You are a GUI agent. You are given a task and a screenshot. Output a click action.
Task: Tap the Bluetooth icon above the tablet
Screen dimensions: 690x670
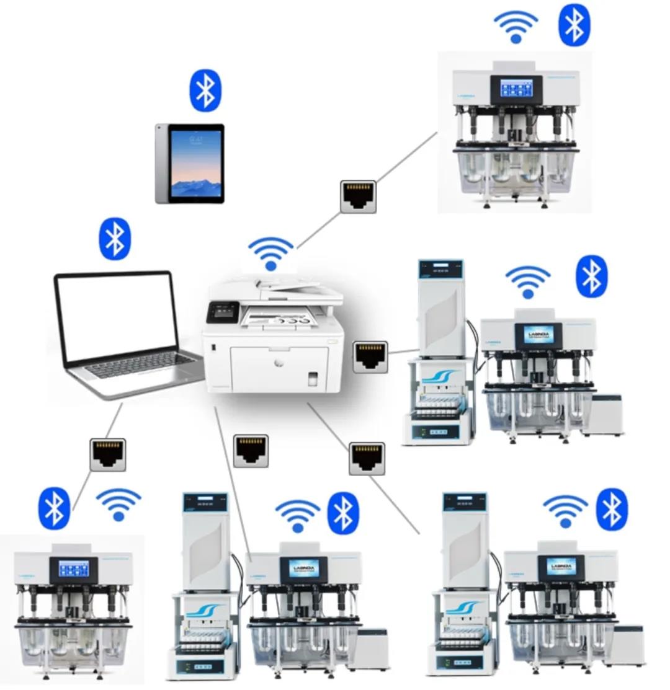[x=205, y=91]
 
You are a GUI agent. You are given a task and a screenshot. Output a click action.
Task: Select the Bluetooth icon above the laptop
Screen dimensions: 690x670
[x=115, y=239]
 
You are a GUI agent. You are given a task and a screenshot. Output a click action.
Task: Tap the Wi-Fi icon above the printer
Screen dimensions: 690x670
[x=270, y=254]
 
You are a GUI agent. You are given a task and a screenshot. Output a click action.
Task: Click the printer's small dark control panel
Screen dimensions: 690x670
[x=221, y=312]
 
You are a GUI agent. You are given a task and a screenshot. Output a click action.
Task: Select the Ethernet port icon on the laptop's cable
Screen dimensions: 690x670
[x=108, y=454]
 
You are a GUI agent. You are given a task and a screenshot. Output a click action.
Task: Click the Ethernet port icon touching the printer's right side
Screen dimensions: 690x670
[x=370, y=357]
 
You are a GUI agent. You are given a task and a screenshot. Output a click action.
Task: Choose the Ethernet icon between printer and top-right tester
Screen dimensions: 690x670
[x=358, y=197]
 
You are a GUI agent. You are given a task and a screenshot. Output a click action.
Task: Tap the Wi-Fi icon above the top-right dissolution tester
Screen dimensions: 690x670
[x=516, y=27]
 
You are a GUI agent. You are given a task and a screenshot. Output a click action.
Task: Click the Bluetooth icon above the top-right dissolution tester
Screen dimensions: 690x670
[x=574, y=25]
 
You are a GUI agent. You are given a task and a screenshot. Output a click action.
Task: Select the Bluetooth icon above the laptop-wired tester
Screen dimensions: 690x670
[x=55, y=508]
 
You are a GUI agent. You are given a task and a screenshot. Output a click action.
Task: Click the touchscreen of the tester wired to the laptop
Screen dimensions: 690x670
[x=73, y=568]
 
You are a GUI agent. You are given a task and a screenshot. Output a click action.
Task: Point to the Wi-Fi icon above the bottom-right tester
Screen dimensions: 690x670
[x=565, y=511]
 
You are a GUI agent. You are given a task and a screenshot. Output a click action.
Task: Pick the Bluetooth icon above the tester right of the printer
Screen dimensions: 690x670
[x=592, y=276]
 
